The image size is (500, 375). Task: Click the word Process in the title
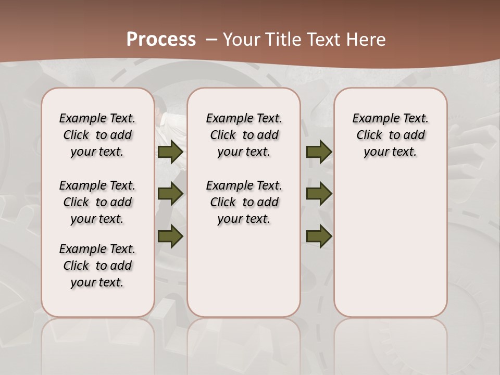coord(161,39)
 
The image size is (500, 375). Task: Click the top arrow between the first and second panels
coord(170,152)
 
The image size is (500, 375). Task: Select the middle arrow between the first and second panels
coord(170,194)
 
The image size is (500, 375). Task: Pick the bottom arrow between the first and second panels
coord(170,236)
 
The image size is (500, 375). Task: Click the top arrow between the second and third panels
coord(319,152)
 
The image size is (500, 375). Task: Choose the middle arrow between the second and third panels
coord(319,194)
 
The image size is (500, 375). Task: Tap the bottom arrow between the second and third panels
coord(319,236)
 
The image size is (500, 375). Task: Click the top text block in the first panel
coord(97,135)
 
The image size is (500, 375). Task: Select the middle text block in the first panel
coord(97,202)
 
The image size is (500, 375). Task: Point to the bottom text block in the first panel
coord(97,266)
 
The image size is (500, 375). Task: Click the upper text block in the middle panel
coord(244,135)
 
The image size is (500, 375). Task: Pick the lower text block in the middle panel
coord(244,202)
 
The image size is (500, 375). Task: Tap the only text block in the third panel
coord(390,135)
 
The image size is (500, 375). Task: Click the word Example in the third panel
coord(372,119)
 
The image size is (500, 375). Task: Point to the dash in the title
coord(211,40)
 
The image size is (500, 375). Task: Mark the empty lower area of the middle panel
coord(244,271)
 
